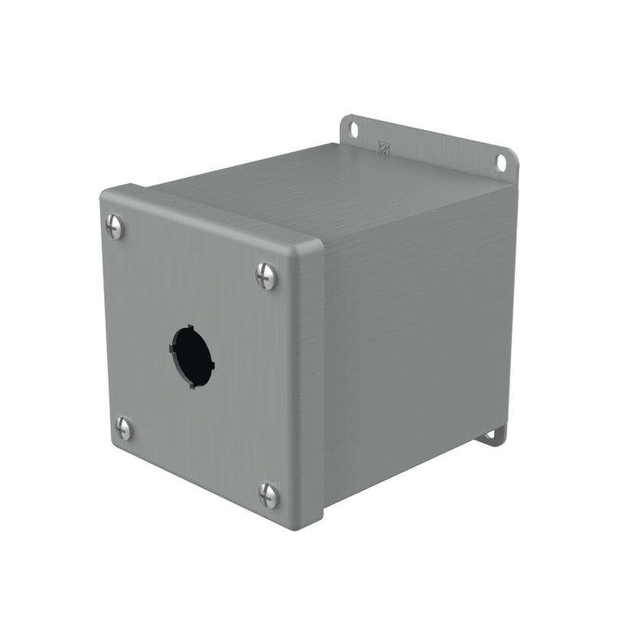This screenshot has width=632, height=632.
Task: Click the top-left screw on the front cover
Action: point(114,224)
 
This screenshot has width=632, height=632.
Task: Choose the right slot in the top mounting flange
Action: point(501,162)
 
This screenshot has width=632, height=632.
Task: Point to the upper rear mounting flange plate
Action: point(428,142)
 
